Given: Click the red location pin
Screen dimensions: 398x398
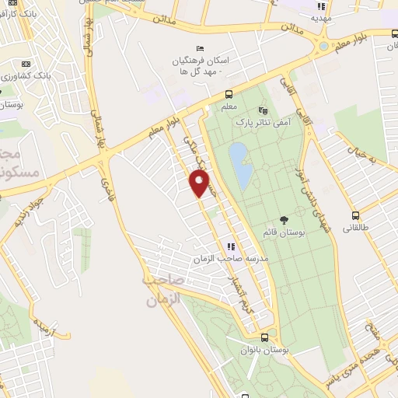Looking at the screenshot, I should click(x=200, y=183).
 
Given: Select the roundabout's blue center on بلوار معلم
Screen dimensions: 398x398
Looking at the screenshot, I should click(x=322, y=46).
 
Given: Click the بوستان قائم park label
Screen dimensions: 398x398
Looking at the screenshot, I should click(x=284, y=232).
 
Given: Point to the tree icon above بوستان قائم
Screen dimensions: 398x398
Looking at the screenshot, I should click(x=283, y=220).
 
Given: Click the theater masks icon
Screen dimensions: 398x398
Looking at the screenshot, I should click(x=262, y=110).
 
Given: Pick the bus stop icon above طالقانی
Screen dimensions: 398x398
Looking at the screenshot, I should click(x=356, y=215).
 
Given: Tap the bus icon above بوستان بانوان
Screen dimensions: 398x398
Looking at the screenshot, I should click(x=265, y=338).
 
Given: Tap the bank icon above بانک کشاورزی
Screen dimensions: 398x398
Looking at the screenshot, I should click(x=27, y=64).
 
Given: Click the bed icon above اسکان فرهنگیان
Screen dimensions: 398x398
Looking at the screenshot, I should click(x=201, y=48).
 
